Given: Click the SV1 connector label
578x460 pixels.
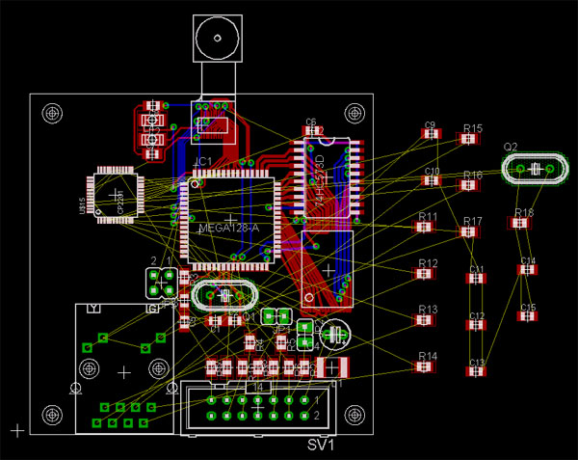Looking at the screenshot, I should pyautogui.click(x=320, y=446).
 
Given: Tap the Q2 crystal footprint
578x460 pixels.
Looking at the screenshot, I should pyautogui.click(x=533, y=170).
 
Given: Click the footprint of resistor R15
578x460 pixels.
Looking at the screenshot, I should pyautogui.click(x=469, y=140).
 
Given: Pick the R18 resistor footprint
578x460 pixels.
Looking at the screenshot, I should pyautogui.click(x=520, y=224).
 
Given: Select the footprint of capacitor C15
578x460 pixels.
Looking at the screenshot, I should pyautogui.click(x=528, y=317).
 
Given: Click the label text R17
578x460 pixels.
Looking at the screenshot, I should pyautogui.click(x=472, y=222).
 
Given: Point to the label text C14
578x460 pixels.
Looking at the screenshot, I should pyautogui.click(x=528, y=260).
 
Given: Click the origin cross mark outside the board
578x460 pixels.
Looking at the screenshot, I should pyautogui.click(x=15, y=428).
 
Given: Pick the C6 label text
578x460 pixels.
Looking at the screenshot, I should pyautogui.click(x=310, y=122).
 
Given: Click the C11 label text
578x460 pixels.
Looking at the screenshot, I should pyautogui.click(x=477, y=269).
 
